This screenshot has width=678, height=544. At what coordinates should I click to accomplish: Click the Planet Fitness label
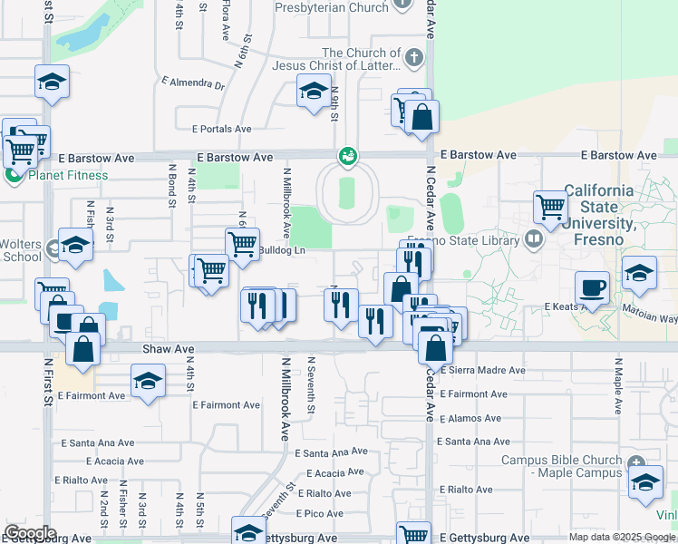tap(68, 175)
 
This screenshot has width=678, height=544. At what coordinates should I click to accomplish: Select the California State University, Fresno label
tap(600, 215)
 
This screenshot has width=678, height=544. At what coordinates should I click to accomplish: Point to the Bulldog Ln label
tap(283, 249)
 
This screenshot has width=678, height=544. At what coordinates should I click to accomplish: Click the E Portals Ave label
tap(221, 129)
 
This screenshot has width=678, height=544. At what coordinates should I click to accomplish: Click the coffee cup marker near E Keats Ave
tap(593, 287)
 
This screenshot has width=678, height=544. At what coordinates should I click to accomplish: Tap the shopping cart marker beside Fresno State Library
tap(550, 208)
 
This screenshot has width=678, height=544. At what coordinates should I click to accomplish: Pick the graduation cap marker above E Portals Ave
tap(314, 91)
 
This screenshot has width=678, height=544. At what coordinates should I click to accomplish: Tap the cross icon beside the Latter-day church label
tap(414, 59)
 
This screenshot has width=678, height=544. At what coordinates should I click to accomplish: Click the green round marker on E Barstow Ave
tap(347, 157)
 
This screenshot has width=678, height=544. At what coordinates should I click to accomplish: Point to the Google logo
tap(30, 533)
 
